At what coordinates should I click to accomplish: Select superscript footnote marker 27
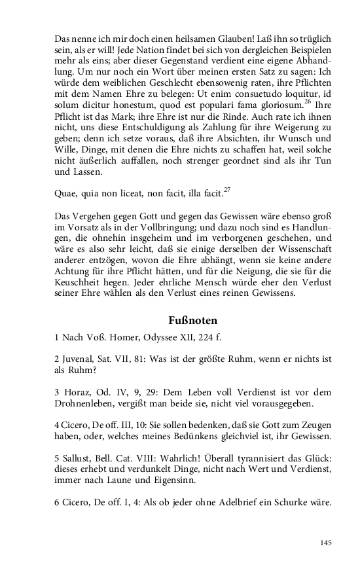pyautogui.click(x=227, y=190)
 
